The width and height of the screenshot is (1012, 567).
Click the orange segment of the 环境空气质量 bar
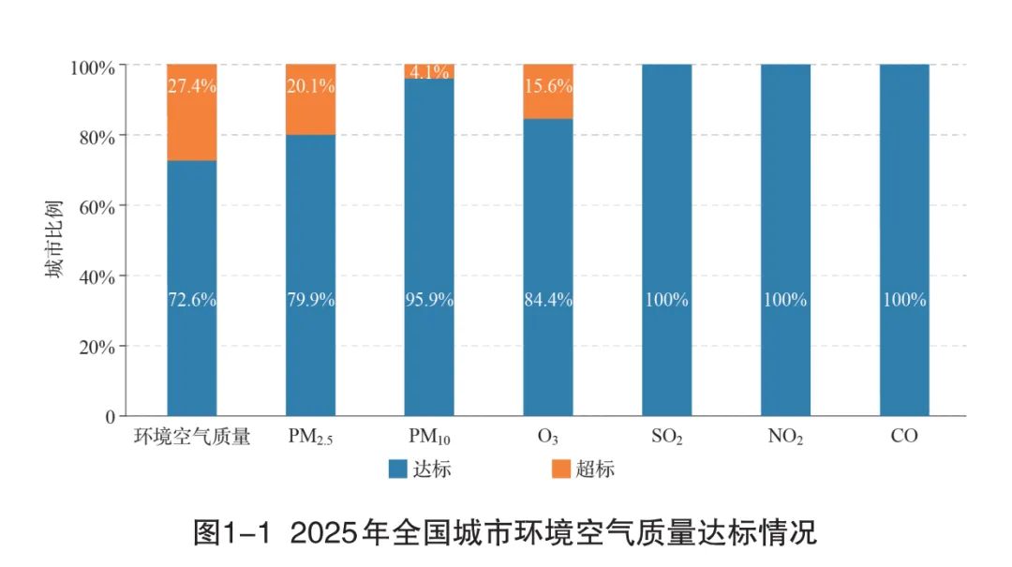[x=192, y=112]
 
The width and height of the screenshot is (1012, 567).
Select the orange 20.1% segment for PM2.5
[x=310, y=99]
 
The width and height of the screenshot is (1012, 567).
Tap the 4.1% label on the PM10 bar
[x=429, y=71]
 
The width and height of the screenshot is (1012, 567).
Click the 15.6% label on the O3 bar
[x=548, y=86]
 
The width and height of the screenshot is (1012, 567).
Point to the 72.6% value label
[x=192, y=300]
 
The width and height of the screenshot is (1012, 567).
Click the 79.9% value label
[x=310, y=300]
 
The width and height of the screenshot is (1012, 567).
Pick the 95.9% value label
[x=429, y=300]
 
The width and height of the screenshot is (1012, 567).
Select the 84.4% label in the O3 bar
[x=548, y=300]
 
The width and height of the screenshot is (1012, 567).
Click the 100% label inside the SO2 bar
[x=667, y=300]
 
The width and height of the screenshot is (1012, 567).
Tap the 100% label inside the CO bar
[x=904, y=300]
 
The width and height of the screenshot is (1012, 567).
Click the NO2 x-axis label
[x=785, y=437]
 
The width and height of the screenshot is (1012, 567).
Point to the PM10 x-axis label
[x=429, y=437]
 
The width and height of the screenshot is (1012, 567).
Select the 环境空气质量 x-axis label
[x=192, y=437]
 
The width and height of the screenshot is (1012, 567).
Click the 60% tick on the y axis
[x=97, y=207]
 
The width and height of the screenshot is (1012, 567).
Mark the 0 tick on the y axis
[x=111, y=417]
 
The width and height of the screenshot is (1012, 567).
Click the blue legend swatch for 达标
[x=397, y=469]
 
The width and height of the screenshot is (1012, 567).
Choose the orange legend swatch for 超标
[x=561, y=469]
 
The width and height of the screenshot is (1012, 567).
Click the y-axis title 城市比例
[x=54, y=240]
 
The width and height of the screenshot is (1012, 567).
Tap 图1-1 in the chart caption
[x=232, y=532]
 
